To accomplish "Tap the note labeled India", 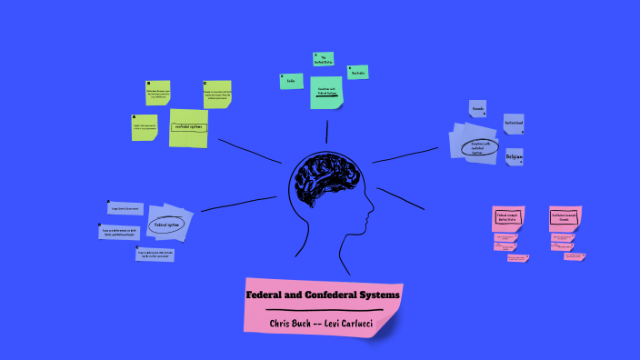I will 291,81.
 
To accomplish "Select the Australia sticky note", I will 358,72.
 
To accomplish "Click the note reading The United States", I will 323,60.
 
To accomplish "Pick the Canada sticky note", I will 478,109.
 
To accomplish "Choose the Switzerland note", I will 513,123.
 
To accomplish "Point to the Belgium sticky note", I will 514,157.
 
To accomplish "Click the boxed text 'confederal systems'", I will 189,127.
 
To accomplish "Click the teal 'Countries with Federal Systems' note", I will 327,91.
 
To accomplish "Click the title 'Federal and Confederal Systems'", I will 323,295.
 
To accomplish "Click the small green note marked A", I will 145,126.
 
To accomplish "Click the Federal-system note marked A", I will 125,208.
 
